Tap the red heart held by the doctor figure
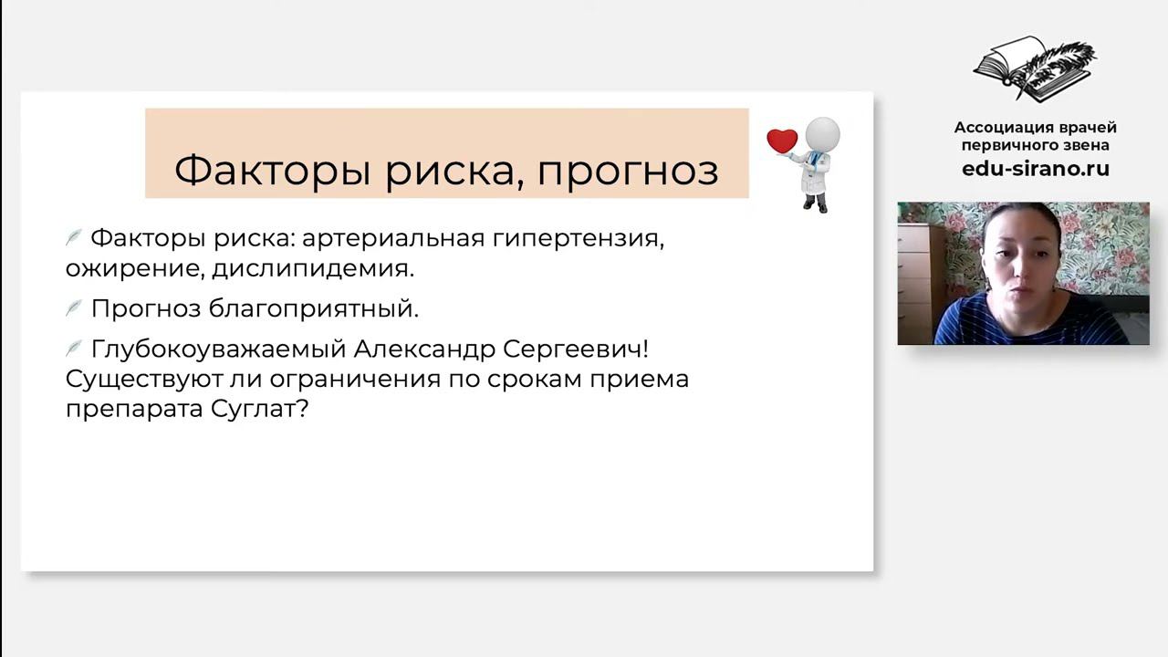(782, 141)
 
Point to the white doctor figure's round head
(822, 134)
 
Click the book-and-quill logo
(1035, 68)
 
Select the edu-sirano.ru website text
(1035, 169)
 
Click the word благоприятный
(314, 309)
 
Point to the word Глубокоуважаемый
(217, 349)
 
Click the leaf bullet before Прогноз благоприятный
(74, 308)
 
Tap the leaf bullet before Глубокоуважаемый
(74, 349)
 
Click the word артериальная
(392, 239)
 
